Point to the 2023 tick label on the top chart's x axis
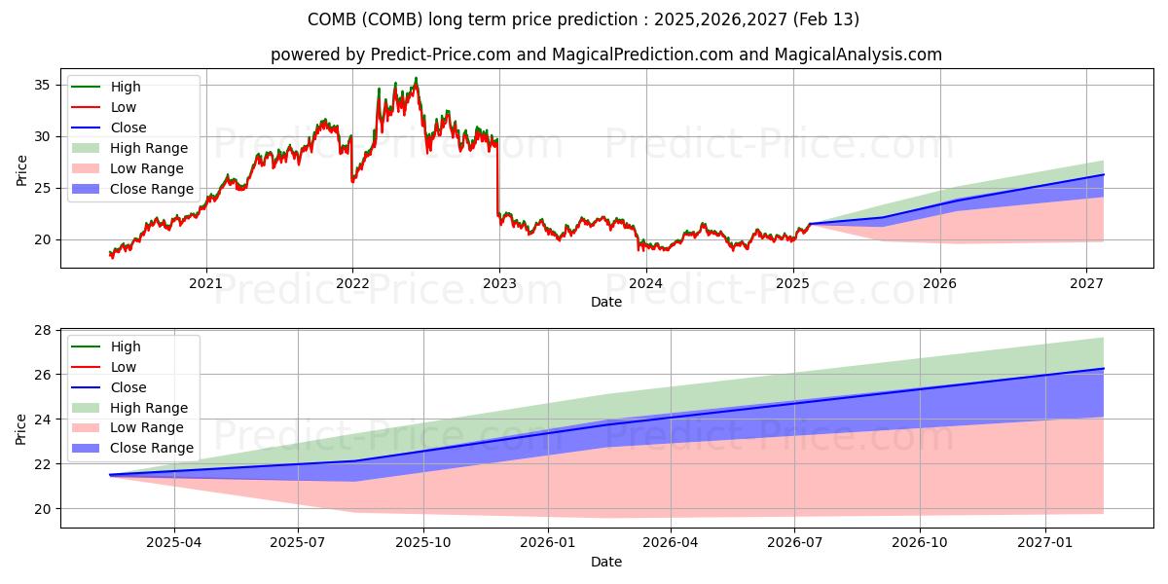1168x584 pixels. pos(499,284)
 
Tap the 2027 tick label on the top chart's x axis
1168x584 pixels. pos(1086,284)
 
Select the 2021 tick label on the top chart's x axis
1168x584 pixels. pos(205,284)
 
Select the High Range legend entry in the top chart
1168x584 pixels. pos(149,148)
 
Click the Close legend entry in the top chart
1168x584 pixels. pos(128,128)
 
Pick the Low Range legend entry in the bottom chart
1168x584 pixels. pos(147,428)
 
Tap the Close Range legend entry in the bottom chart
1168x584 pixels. pos(152,449)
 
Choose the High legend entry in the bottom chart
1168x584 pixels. pos(126,347)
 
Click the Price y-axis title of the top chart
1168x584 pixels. pos(21,170)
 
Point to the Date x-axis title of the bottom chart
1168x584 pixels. pos(605,562)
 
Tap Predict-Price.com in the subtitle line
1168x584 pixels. pos(441,55)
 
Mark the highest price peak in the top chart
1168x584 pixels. pos(416,79)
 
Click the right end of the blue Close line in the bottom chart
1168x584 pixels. pos(1103,369)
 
